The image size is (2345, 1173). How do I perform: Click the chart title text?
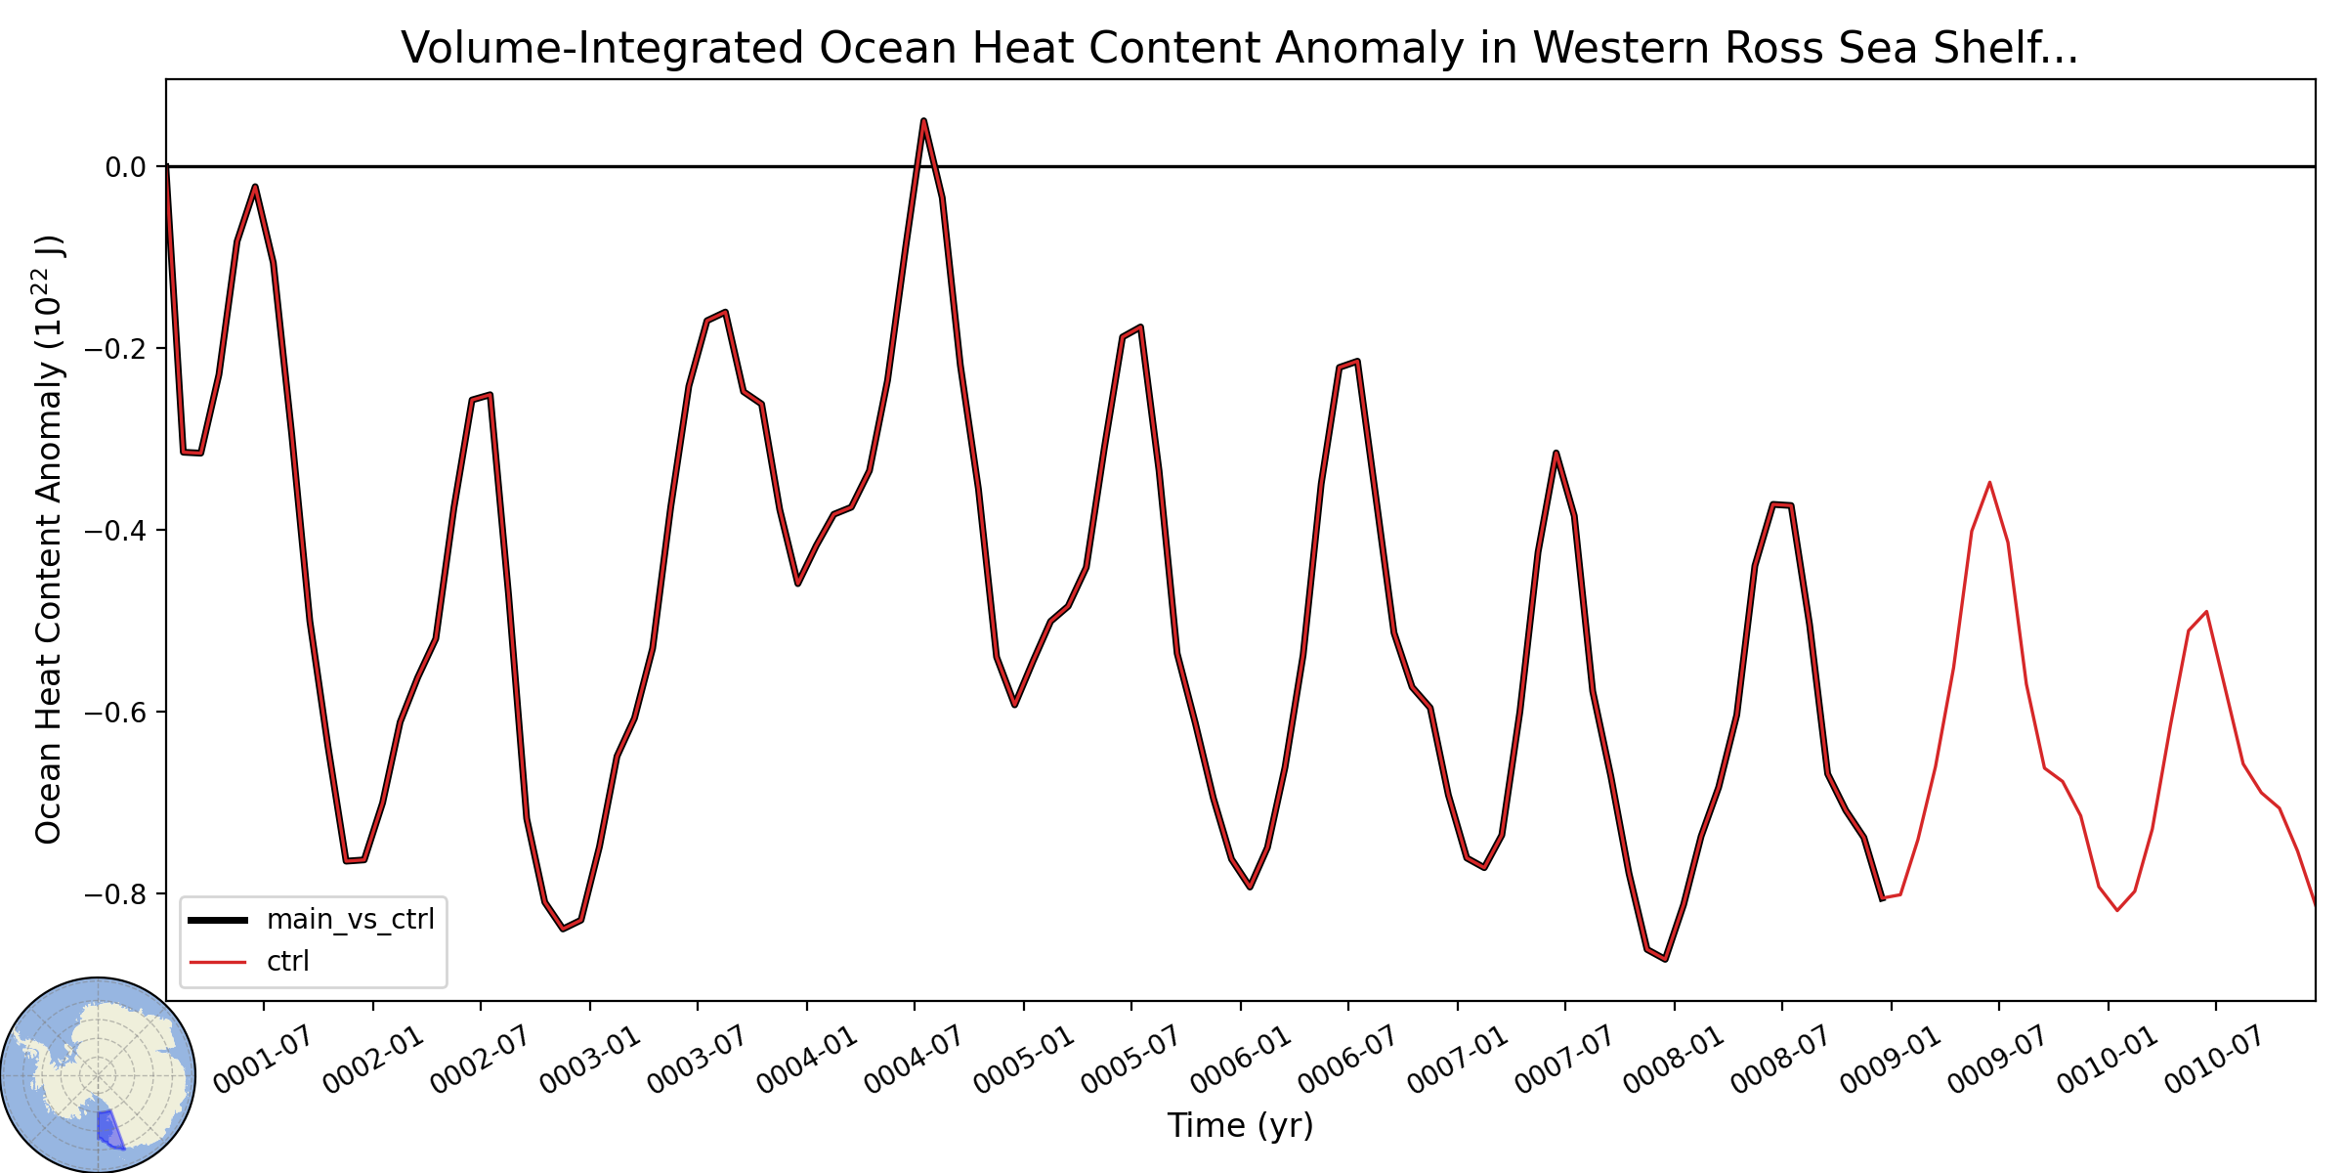[1240, 48]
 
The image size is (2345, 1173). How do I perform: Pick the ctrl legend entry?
[249, 962]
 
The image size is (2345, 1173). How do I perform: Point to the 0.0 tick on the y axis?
[126, 167]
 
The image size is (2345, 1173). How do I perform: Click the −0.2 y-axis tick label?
[115, 349]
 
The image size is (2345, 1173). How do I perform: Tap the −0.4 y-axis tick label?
[115, 531]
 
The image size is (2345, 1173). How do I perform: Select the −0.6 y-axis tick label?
[115, 713]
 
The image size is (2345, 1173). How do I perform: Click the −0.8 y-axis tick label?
[115, 894]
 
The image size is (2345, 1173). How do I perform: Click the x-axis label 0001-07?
[252, 1060]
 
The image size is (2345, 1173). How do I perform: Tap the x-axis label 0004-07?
[903, 1060]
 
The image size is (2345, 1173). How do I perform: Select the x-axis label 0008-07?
[1770, 1060]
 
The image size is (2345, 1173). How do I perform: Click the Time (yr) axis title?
[1240, 1126]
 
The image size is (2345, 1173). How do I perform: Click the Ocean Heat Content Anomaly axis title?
[49, 540]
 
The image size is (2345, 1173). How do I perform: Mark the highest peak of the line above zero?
[923, 120]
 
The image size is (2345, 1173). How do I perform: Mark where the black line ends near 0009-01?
[1882, 899]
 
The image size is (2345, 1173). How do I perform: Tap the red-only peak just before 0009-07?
[1989, 483]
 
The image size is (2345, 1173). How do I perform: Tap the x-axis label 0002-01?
[361, 1060]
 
